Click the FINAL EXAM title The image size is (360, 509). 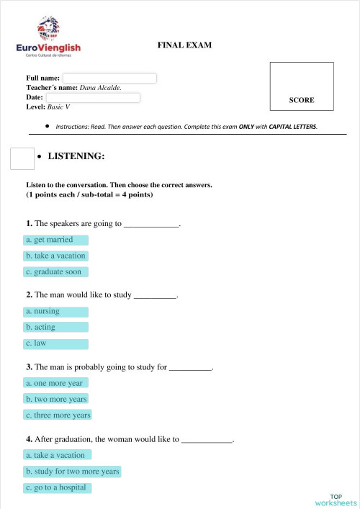coord(184,45)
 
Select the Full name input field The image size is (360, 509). coord(109,78)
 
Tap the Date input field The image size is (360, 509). coord(92,97)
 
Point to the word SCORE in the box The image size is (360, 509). coord(301,100)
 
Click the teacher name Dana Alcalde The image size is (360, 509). coord(101,88)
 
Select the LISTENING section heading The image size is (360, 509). coord(76,156)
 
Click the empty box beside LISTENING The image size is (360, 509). coord(22,158)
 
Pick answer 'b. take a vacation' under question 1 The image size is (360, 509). coord(56,256)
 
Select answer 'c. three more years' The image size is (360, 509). coord(58,415)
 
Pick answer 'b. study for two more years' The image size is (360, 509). coord(73,472)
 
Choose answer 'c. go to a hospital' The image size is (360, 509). coord(57,487)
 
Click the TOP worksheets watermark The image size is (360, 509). coord(335,500)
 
